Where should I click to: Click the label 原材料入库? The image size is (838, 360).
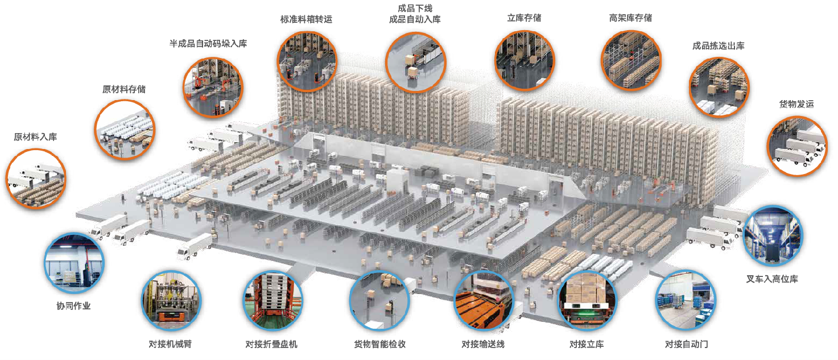click(x=35, y=137)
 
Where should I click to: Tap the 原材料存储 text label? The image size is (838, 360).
click(x=123, y=89)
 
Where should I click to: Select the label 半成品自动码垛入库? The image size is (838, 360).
click(x=208, y=43)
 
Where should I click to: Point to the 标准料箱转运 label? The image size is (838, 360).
click(x=306, y=19)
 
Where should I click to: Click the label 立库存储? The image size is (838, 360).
click(x=524, y=18)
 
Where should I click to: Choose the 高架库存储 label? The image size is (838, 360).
click(x=630, y=18)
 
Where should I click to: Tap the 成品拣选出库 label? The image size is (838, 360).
click(x=718, y=46)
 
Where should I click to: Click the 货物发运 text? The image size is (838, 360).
click(x=796, y=104)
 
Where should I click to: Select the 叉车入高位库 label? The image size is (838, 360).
click(x=772, y=279)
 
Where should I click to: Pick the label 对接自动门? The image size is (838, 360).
click(x=686, y=344)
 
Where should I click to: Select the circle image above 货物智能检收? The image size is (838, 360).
click(x=379, y=301)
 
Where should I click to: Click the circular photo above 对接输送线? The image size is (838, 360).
click(x=483, y=301)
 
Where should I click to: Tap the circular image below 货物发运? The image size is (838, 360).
click(x=796, y=144)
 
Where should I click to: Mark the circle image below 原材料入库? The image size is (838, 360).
click(x=36, y=177)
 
